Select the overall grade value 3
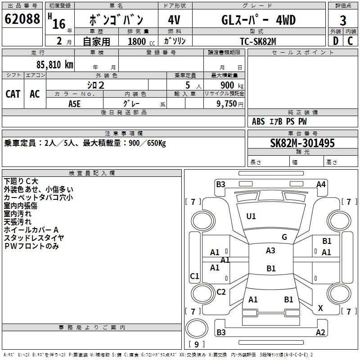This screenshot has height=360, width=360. point(343,21)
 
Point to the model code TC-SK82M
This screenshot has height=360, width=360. point(258,41)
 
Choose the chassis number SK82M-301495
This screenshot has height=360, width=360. point(302,143)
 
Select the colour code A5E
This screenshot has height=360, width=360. point(75,103)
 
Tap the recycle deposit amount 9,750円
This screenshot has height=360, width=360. point(230,103)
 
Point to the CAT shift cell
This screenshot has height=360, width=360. point(13,94)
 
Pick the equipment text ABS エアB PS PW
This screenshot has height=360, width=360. point(280,121)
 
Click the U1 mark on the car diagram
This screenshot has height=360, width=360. point(251,216)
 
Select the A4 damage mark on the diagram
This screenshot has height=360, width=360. point(321,184)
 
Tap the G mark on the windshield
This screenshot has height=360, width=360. point(284,237)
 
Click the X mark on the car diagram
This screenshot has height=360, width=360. point(320,308)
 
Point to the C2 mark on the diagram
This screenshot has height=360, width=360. point(221,292)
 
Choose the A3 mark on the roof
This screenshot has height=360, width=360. point(270,251)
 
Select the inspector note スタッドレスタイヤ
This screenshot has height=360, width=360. point(34,238)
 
